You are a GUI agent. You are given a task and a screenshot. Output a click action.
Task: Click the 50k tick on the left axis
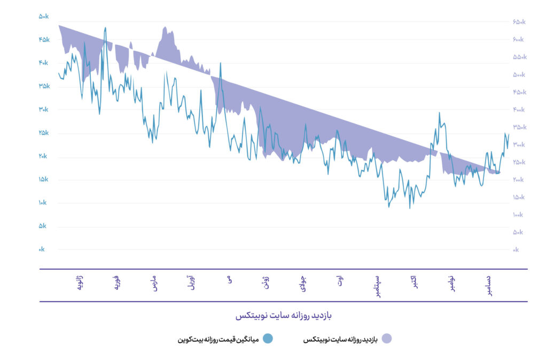point(43,17)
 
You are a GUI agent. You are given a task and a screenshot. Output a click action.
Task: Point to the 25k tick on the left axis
point(43,133)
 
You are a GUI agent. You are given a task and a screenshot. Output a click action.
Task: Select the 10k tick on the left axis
point(43,203)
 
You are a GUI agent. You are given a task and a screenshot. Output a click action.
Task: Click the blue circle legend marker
point(268,339)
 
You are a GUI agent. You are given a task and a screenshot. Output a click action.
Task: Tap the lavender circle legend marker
point(387,339)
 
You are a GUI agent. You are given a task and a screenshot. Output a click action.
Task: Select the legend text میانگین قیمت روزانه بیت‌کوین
point(218,339)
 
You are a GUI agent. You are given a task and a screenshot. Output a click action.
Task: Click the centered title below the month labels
point(284,316)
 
